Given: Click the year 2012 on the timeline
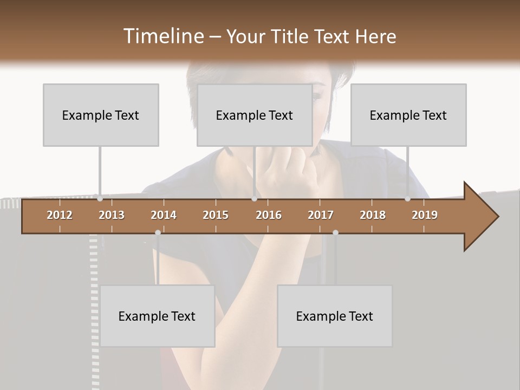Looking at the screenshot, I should (60, 215).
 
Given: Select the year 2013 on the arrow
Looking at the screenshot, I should (112, 215).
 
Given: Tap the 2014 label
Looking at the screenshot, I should (164, 215).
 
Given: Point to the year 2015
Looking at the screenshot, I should (216, 215).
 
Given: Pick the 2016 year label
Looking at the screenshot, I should (269, 215).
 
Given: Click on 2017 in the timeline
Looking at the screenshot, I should (321, 215).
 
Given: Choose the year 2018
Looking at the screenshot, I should (373, 215).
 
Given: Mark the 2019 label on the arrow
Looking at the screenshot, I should (425, 215).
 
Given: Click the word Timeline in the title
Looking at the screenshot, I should (162, 36).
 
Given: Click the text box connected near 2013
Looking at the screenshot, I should (101, 115).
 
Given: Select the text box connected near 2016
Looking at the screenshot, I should (255, 115).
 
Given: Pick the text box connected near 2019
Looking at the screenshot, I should (408, 115).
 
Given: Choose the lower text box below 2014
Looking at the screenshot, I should (157, 316).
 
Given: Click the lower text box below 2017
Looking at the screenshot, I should (335, 316).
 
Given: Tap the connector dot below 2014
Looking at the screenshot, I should (158, 232).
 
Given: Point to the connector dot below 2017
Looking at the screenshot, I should (335, 232).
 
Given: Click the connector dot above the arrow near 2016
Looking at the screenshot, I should (255, 199).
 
